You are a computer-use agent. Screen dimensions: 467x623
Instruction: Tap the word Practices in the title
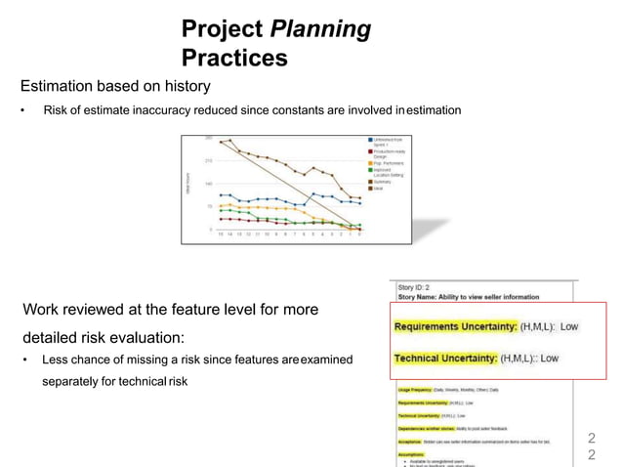[x=234, y=59]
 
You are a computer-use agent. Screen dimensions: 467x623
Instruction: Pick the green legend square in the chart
[x=369, y=169]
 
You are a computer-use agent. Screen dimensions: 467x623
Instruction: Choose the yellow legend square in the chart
[x=369, y=160]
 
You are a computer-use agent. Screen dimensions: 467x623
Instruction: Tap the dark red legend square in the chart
[x=369, y=150]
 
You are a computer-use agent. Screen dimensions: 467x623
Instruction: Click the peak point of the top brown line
[x=230, y=139]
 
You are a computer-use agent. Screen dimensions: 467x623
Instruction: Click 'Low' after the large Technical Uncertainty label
[x=552, y=359]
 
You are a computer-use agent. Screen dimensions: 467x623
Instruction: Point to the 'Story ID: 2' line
[x=414, y=288]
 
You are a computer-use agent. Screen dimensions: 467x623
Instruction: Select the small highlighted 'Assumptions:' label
[x=414, y=453]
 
